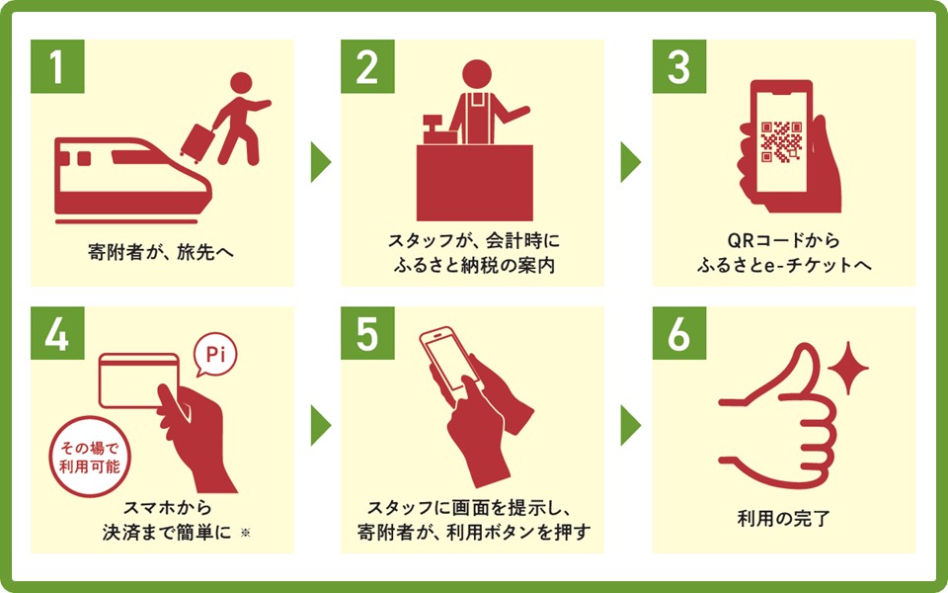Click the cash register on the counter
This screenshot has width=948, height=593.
click(433, 127)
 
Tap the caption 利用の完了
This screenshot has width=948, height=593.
click(783, 517)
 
